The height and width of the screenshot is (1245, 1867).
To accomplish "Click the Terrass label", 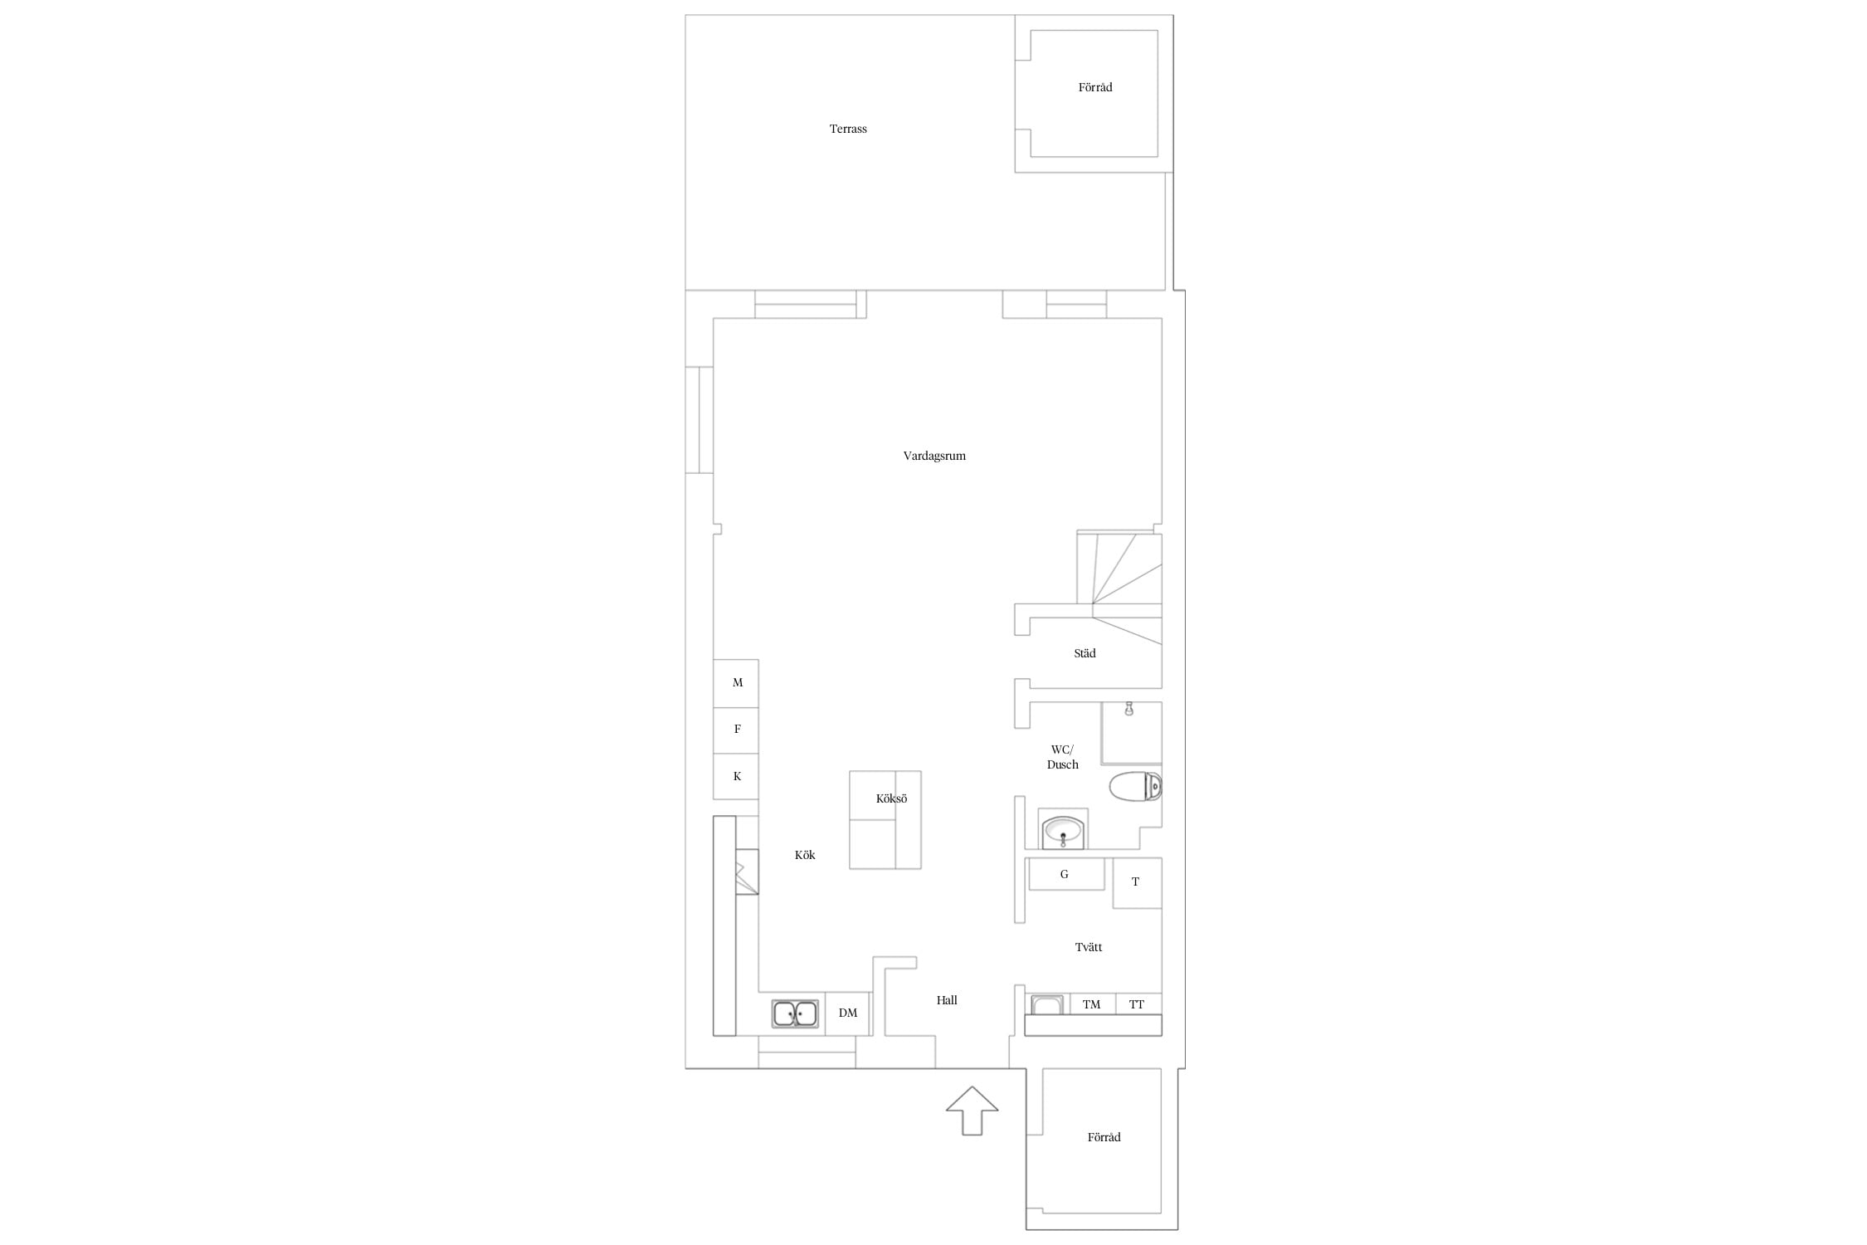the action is [x=848, y=129].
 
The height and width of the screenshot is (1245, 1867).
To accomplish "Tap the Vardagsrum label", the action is [x=934, y=456].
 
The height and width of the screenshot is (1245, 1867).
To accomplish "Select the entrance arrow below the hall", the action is [x=972, y=1111].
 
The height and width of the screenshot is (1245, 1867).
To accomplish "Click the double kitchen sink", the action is [x=795, y=1013].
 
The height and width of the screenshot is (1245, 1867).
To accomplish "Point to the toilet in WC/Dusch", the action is [x=1135, y=786].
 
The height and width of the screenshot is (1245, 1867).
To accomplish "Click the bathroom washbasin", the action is [x=1063, y=832].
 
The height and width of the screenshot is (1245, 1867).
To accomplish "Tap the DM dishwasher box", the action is [x=847, y=1013].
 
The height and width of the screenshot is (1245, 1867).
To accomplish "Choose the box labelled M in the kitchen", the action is [x=736, y=683].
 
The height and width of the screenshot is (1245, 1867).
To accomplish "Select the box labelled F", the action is [x=736, y=730].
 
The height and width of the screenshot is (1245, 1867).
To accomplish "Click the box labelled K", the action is [x=736, y=776].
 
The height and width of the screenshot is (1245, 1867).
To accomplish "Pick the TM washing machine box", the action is [x=1091, y=1004].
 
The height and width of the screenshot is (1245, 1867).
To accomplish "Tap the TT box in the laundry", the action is [x=1138, y=1004].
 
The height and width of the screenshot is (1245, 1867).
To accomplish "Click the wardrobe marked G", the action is [x=1066, y=874].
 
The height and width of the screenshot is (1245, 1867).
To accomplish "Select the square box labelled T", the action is [x=1137, y=882].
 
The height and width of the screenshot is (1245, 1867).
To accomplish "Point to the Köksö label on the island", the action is [x=892, y=798].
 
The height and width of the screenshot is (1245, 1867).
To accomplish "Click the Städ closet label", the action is [x=1085, y=653].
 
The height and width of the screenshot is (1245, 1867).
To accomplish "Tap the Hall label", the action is [x=947, y=1000].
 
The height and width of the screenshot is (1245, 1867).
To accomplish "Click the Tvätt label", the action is [x=1089, y=947].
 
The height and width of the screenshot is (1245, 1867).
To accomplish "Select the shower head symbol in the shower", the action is [x=1128, y=709].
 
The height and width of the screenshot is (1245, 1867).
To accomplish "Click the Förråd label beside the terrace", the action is [x=1095, y=87].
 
